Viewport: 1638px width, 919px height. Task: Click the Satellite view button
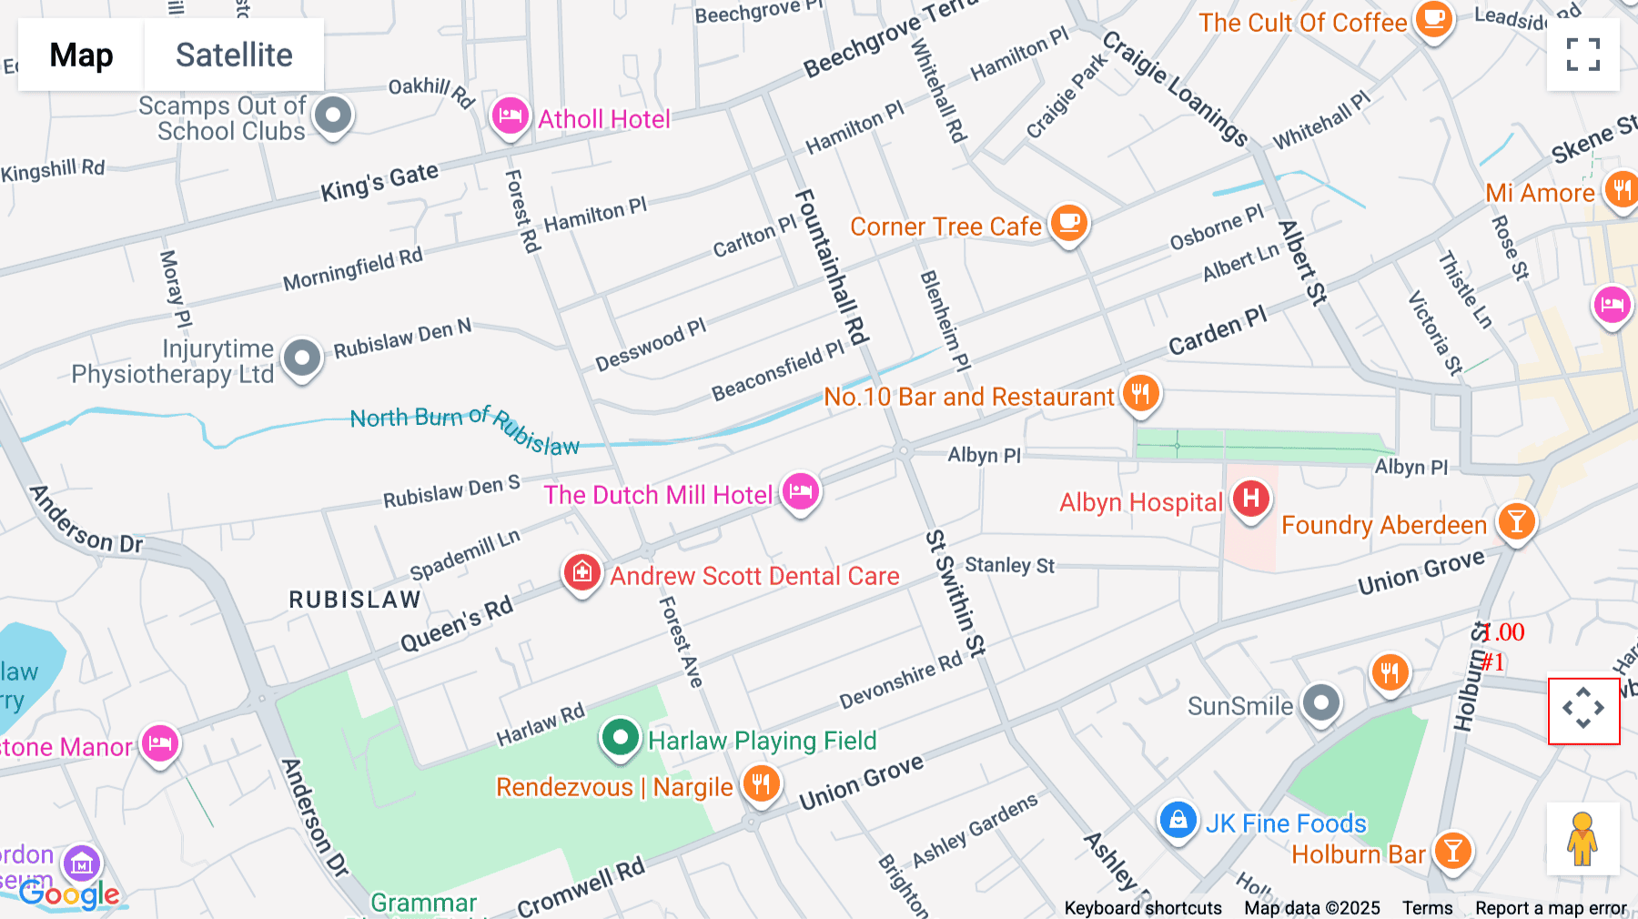click(x=234, y=55)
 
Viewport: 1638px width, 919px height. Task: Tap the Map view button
click(x=81, y=55)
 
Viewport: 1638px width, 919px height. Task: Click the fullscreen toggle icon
click(x=1582, y=55)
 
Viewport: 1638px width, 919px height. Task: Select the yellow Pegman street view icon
click(x=1582, y=838)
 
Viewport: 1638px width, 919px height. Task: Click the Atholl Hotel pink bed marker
click(x=510, y=116)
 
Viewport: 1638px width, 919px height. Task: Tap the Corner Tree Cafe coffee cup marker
click(x=1068, y=223)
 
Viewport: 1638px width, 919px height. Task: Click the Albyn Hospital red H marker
click(x=1250, y=499)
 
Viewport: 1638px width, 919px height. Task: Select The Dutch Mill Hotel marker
click(x=800, y=492)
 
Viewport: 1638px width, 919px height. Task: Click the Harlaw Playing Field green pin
click(x=620, y=737)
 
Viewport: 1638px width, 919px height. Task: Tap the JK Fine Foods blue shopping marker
click(x=1177, y=821)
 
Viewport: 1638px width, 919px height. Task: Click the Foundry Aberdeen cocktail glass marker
click(x=1516, y=522)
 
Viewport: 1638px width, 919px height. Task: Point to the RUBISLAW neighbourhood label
click(x=355, y=600)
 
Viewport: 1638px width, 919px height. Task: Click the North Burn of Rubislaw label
click(x=464, y=428)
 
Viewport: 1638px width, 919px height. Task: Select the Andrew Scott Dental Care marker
click(x=581, y=573)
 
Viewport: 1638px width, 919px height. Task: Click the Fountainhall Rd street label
click(x=831, y=267)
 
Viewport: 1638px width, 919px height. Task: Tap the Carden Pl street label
click(x=1217, y=331)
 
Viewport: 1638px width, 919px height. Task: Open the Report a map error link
click(x=1551, y=908)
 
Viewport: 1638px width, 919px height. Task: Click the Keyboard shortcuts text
click(x=1143, y=908)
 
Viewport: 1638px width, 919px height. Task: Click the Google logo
click(x=69, y=894)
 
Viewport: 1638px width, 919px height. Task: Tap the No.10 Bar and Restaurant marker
click(x=1140, y=394)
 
